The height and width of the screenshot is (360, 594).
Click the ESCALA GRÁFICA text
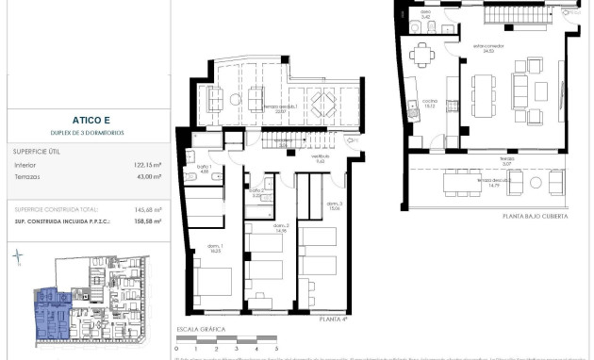202,330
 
